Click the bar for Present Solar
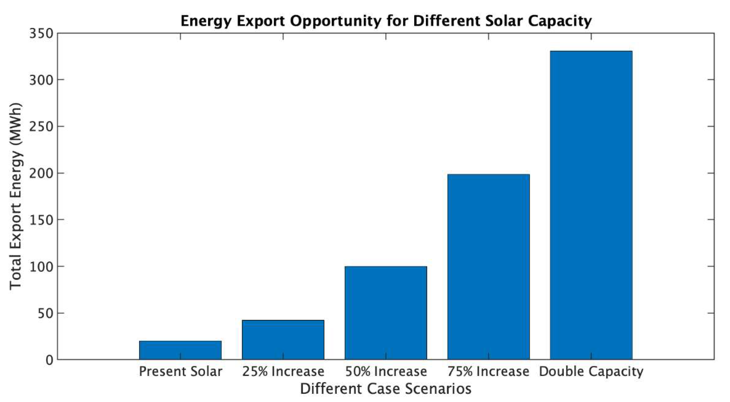[180, 350]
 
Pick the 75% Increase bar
[488, 267]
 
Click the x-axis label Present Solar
[180, 371]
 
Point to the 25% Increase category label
[283, 371]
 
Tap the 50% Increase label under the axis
[386, 371]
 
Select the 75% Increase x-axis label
[488, 371]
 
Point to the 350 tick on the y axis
[41, 34]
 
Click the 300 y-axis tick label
[41, 80]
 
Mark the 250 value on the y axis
[41, 127]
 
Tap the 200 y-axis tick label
[41, 173]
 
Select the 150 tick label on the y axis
[41, 220]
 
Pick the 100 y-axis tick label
[41, 267]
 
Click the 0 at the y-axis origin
[49, 360]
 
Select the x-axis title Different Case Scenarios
[386, 389]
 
